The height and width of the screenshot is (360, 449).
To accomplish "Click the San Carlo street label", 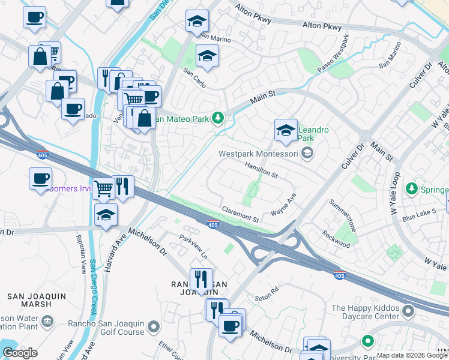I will tap(194, 78).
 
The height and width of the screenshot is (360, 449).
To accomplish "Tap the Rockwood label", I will tap(336, 239).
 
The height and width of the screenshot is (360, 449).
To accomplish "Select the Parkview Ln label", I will tap(193, 246).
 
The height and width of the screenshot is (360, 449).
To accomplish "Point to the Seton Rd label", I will tap(267, 292).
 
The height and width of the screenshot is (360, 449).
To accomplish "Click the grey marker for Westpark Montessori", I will tap(307, 154).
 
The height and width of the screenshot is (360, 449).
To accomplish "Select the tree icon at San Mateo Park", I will tap(220, 119).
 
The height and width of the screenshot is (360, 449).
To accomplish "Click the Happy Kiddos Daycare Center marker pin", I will tap(409, 312).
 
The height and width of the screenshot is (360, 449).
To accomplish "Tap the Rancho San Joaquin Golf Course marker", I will tap(154, 328).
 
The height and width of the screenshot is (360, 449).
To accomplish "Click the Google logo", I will tap(20, 353).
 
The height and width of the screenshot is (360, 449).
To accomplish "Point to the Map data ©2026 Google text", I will tap(412, 355).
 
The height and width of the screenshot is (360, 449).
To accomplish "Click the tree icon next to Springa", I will tap(412, 190).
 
